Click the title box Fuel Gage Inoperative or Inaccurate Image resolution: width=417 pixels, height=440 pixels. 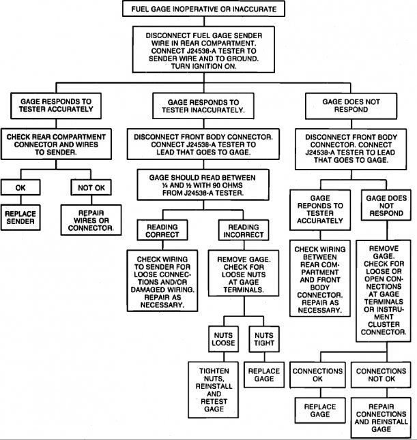tap(203, 9)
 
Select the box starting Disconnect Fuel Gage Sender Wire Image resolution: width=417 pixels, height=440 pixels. tap(203, 50)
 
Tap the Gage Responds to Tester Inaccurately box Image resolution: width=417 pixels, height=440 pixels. tap(203, 106)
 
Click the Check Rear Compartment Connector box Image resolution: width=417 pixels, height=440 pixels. tap(56, 144)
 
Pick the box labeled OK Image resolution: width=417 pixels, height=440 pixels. tap(20, 187)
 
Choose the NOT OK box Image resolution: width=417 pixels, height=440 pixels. tap(91, 187)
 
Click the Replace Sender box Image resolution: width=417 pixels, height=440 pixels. tap(20, 217)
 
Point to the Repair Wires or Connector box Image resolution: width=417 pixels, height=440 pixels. tap(91, 220)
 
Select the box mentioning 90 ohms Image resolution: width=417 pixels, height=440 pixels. tap(203, 185)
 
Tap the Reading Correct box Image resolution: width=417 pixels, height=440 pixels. tap(162, 230)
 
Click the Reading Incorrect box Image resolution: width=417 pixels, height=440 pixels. tap(244, 230)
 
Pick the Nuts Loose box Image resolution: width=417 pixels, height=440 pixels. tap(224, 339)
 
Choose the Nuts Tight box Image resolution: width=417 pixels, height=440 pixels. tap(264, 339)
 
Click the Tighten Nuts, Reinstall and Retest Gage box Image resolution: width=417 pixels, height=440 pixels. tap(214, 390)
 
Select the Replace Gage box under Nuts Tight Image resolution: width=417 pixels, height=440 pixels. tap(264, 375)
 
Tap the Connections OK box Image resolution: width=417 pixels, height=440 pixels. tap(317, 375)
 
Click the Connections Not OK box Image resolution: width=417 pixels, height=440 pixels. tap(381, 375)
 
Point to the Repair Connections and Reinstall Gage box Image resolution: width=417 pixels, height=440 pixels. tap(381, 418)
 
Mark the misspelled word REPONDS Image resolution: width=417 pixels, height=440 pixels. tap(320, 206)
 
